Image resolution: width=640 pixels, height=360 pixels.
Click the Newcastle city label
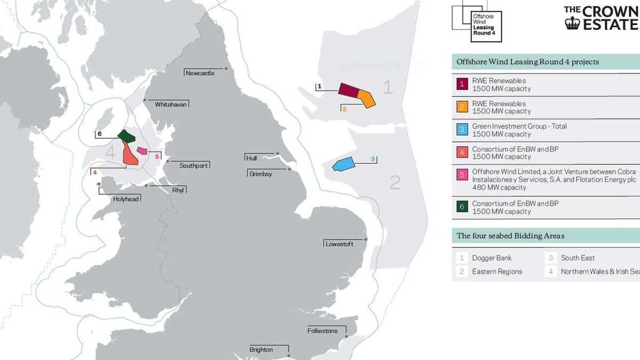200,73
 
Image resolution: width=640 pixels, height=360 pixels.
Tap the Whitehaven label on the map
171,105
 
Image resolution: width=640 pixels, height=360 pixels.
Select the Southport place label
194,166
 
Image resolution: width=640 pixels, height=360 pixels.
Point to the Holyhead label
126,199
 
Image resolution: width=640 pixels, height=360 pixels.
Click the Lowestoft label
339,244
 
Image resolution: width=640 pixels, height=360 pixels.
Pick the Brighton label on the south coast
261,350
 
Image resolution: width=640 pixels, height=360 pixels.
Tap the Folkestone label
323,331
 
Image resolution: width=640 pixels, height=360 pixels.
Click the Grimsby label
260,174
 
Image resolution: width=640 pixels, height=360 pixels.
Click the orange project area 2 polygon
366,99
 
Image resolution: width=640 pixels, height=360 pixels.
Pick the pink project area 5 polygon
142,151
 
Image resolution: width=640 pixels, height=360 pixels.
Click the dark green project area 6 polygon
126,135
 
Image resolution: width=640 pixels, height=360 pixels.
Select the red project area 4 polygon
130,154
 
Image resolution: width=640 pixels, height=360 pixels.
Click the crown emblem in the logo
572,23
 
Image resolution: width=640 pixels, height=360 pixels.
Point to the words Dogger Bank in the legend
492,258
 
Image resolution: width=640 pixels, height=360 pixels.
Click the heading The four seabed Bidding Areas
510,236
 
